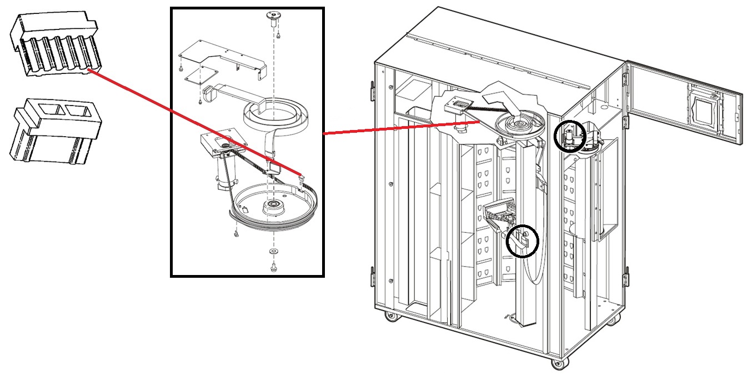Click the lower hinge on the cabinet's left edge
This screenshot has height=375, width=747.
click(x=372, y=276)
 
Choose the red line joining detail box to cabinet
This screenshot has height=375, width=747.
click(x=400, y=127)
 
